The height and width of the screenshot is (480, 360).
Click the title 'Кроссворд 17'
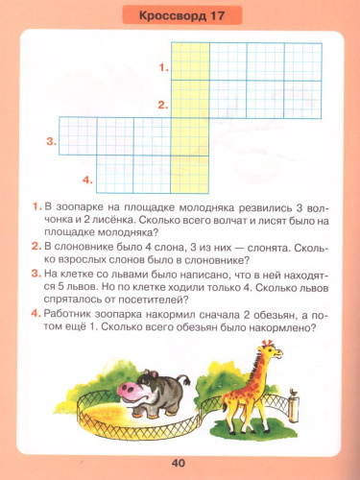coord(181,18)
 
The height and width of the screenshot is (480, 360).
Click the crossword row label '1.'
coord(164,68)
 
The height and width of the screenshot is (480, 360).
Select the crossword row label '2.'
coord(164,106)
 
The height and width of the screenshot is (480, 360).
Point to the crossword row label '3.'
coord(51,142)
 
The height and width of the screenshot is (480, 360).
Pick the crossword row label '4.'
coord(87,179)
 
